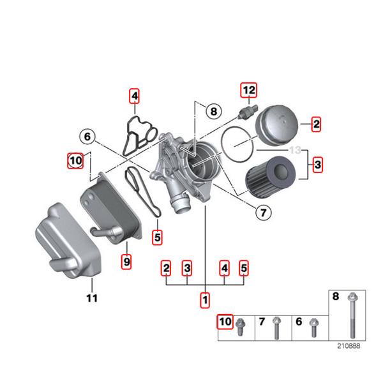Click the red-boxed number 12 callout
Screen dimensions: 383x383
pyautogui.click(x=248, y=90)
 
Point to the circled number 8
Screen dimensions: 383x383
pyautogui.click(x=213, y=112)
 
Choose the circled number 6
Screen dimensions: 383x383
pyautogui.click(x=87, y=135)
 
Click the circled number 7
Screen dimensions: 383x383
pyautogui.click(x=262, y=213)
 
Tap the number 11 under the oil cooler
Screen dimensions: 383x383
pyautogui.click(x=92, y=297)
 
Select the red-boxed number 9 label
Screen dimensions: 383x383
pyautogui.click(x=126, y=261)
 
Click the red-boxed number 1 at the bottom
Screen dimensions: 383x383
pyautogui.click(x=205, y=298)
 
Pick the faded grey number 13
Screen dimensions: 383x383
pyautogui.click(x=295, y=151)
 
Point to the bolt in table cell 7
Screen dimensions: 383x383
pyautogui.click(x=276, y=328)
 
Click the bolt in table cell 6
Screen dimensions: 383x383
pyautogui.click(x=313, y=327)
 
